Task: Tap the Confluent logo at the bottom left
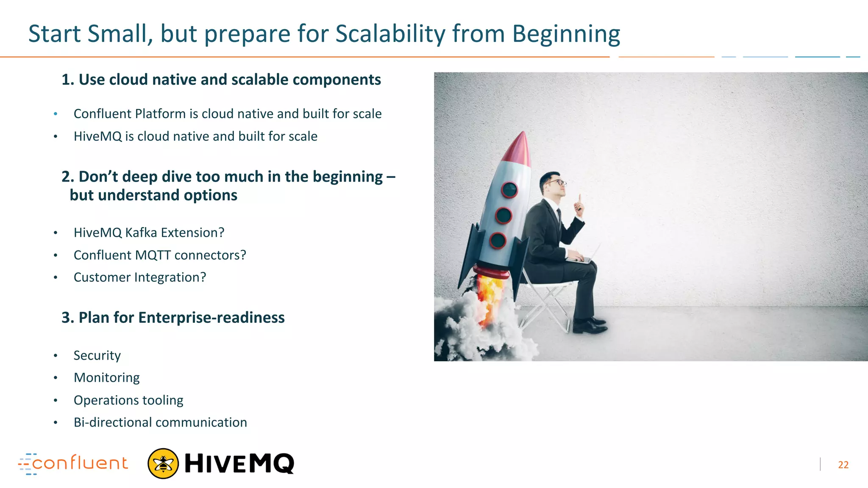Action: tap(73, 463)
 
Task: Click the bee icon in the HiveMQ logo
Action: tap(163, 463)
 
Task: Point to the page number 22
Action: tap(843, 465)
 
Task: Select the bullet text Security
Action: tap(97, 355)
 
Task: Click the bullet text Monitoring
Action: tap(106, 377)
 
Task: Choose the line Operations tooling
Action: tap(128, 400)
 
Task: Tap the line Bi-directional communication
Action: tap(160, 422)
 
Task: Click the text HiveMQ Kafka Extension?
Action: tap(149, 233)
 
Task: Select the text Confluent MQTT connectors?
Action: tap(160, 255)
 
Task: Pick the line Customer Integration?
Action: tap(140, 277)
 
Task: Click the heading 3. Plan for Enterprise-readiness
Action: tap(173, 317)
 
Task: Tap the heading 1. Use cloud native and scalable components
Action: tap(221, 80)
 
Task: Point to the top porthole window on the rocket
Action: tap(509, 189)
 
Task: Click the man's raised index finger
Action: tap(579, 198)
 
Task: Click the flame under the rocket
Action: tap(490, 297)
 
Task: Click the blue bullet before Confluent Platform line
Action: tap(56, 114)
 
